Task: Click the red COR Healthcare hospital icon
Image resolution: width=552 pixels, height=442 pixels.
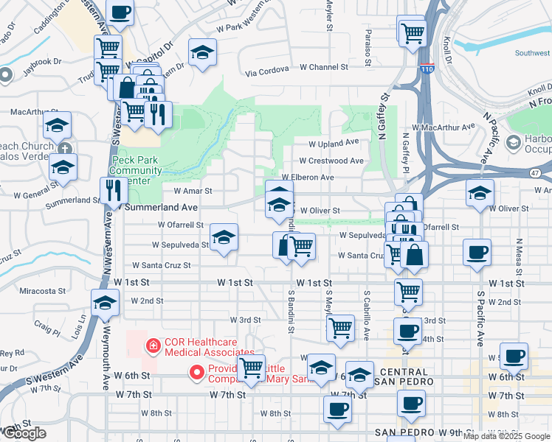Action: pyautogui.click(x=153, y=345)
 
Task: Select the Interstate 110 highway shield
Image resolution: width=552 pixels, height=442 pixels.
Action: pyautogui.click(x=429, y=69)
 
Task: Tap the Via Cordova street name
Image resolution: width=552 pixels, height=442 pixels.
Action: pyautogui.click(x=270, y=73)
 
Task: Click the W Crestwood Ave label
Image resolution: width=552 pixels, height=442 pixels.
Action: pyautogui.click(x=331, y=161)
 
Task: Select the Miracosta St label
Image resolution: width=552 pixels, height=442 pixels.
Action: pyautogui.click(x=42, y=291)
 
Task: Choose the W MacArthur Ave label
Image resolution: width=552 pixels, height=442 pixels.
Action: pyautogui.click(x=444, y=127)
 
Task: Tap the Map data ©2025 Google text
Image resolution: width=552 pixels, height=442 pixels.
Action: pyautogui.click(x=506, y=436)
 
